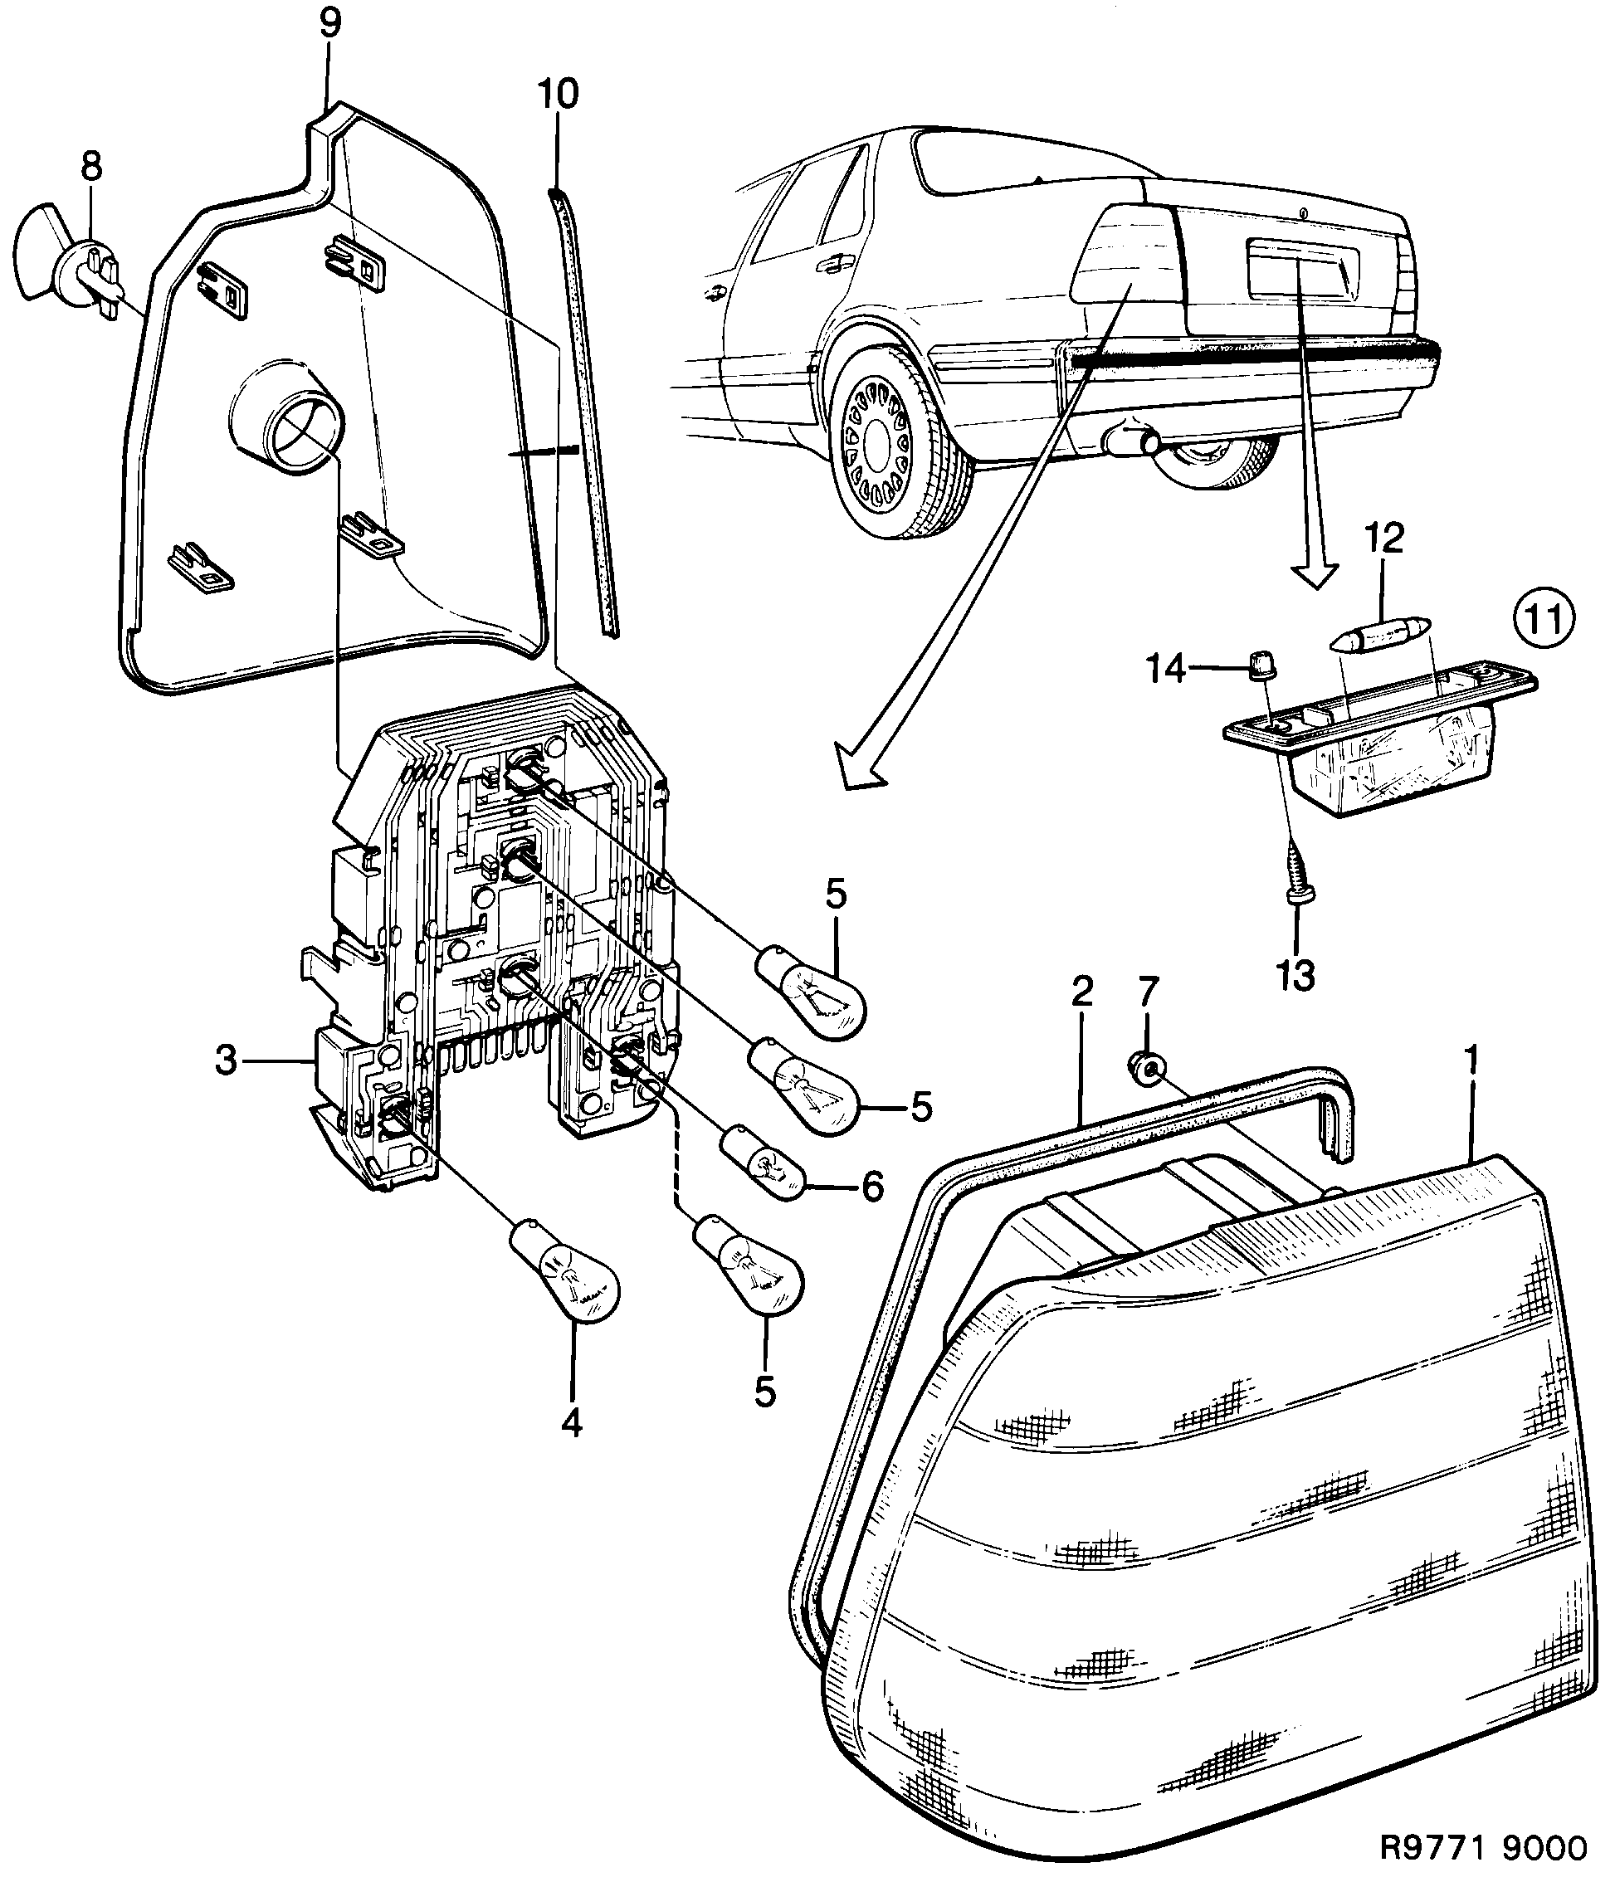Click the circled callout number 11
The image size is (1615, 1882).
point(1545,621)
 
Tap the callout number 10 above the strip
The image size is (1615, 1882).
point(557,95)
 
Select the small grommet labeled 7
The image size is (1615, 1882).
point(1145,1069)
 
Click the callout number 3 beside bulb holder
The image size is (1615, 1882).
point(227,1060)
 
